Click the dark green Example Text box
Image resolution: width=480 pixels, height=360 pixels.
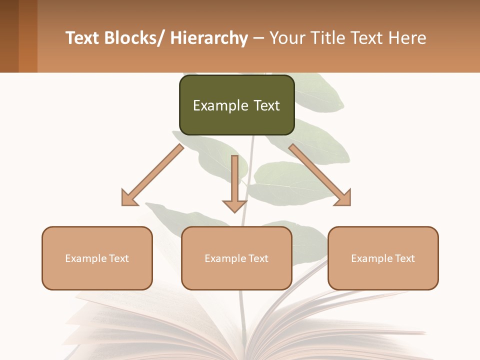236,105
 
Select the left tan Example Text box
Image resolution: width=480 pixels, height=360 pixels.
97,258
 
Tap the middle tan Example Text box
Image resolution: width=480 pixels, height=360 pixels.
236,258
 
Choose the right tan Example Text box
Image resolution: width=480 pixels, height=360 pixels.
383,258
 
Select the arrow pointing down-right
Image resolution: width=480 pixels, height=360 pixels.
320,175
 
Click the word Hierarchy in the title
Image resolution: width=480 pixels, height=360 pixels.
208,38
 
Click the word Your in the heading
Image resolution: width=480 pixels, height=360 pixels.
286,38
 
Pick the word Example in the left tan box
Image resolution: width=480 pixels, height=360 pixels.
85,258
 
